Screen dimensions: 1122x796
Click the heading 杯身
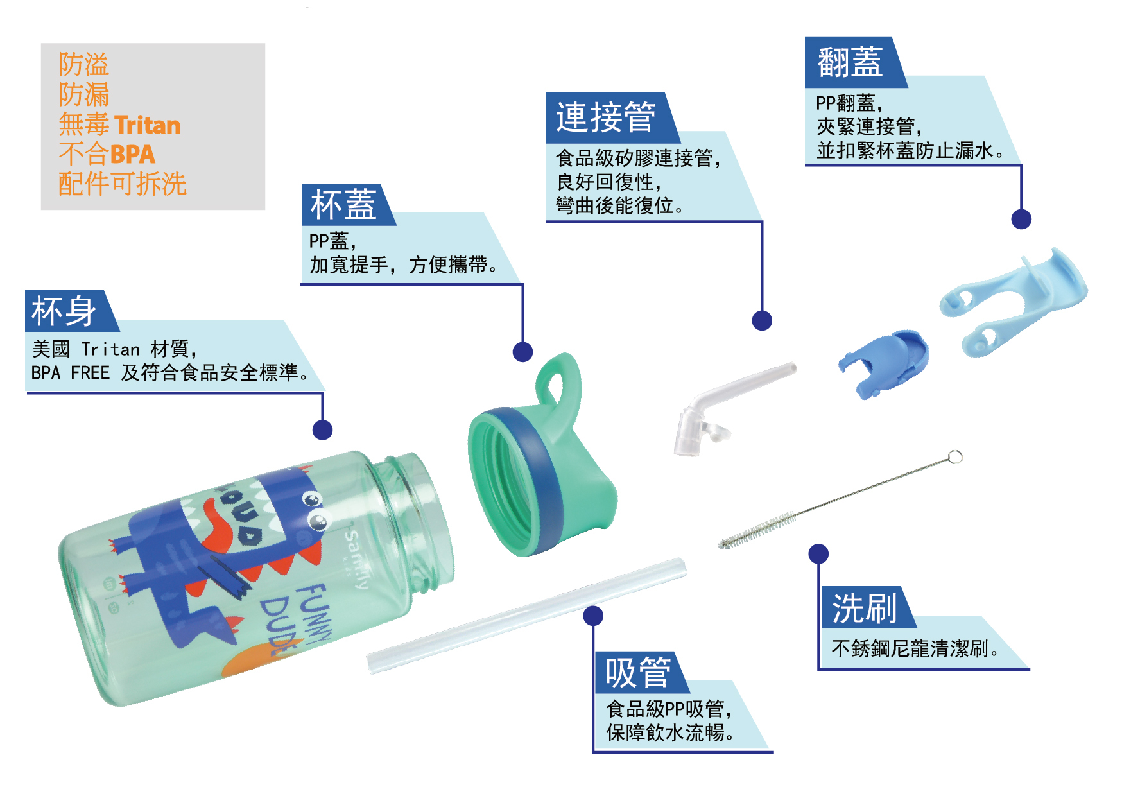(64, 311)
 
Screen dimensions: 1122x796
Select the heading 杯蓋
(343, 205)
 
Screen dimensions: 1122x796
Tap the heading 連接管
(605, 117)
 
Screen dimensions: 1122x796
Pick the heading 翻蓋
(850, 62)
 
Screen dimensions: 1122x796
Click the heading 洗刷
(864, 608)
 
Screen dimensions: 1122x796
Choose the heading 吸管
(637, 673)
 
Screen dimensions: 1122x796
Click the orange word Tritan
(147, 125)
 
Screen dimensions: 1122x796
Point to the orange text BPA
(133, 154)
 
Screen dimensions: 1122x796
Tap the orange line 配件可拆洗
(122, 184)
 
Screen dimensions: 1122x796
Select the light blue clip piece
(1013, 301)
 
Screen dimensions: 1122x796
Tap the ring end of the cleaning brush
(954, 456)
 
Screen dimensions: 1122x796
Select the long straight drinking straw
(526, 616)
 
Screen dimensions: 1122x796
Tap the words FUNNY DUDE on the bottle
(297, 620)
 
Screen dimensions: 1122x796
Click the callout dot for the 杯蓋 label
(522, 352)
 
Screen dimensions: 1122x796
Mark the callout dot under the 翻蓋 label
(1021, 219)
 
